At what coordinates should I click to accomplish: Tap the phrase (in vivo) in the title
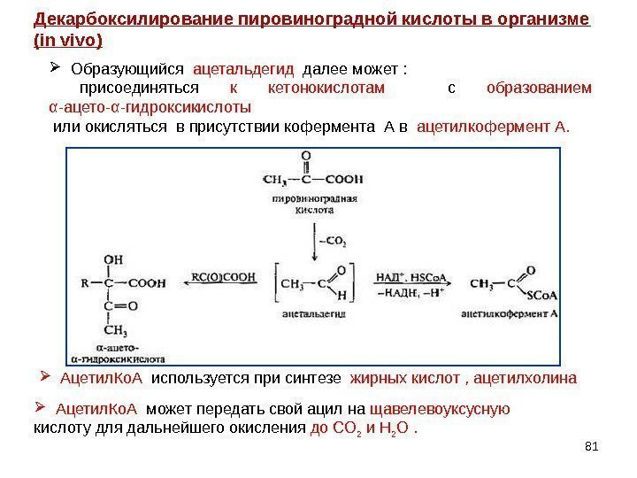pyautogui.click(x=67, y=41)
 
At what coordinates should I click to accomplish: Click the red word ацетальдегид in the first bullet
pyautogui.click(x=243, y=68)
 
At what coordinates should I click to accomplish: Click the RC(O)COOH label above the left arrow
pyautogui.click(x=224, y=275)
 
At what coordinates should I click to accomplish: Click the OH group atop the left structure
pyautogui.click(x=114, y=259)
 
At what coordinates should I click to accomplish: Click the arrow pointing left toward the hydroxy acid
pyautogui.click(x=223, y=285)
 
